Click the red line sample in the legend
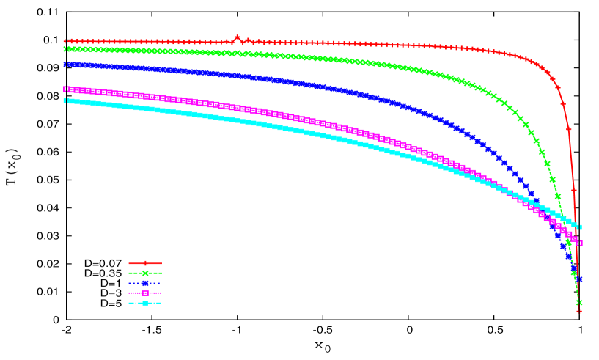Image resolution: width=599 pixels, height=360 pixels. (x=145, y=263)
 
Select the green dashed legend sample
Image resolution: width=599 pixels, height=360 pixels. (x=145, y=273)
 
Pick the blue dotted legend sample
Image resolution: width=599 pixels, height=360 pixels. (x=145, y=283)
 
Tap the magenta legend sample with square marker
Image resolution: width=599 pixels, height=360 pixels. (x=145, y=293)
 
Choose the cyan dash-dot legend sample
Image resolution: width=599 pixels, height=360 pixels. (x=145, y=303)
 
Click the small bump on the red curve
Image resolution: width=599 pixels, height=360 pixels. (x=237, y=37)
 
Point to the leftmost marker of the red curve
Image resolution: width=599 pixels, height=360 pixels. (x=66, y=42)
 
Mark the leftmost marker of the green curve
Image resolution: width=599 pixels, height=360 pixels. (x=66, y=49)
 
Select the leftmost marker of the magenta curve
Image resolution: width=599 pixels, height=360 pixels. (x=66, y=89)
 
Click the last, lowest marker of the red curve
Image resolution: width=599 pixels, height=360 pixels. (x=579, y=311)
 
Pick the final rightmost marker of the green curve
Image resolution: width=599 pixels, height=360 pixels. (x=579, y=302)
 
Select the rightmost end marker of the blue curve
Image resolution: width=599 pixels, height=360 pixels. (x=579, y=279)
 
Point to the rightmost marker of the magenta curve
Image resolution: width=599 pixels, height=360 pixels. (x=579, y=243)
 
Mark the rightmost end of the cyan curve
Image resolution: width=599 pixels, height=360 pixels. (x=579, y=227)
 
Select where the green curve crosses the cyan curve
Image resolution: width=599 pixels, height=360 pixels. (x=562, y=216)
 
